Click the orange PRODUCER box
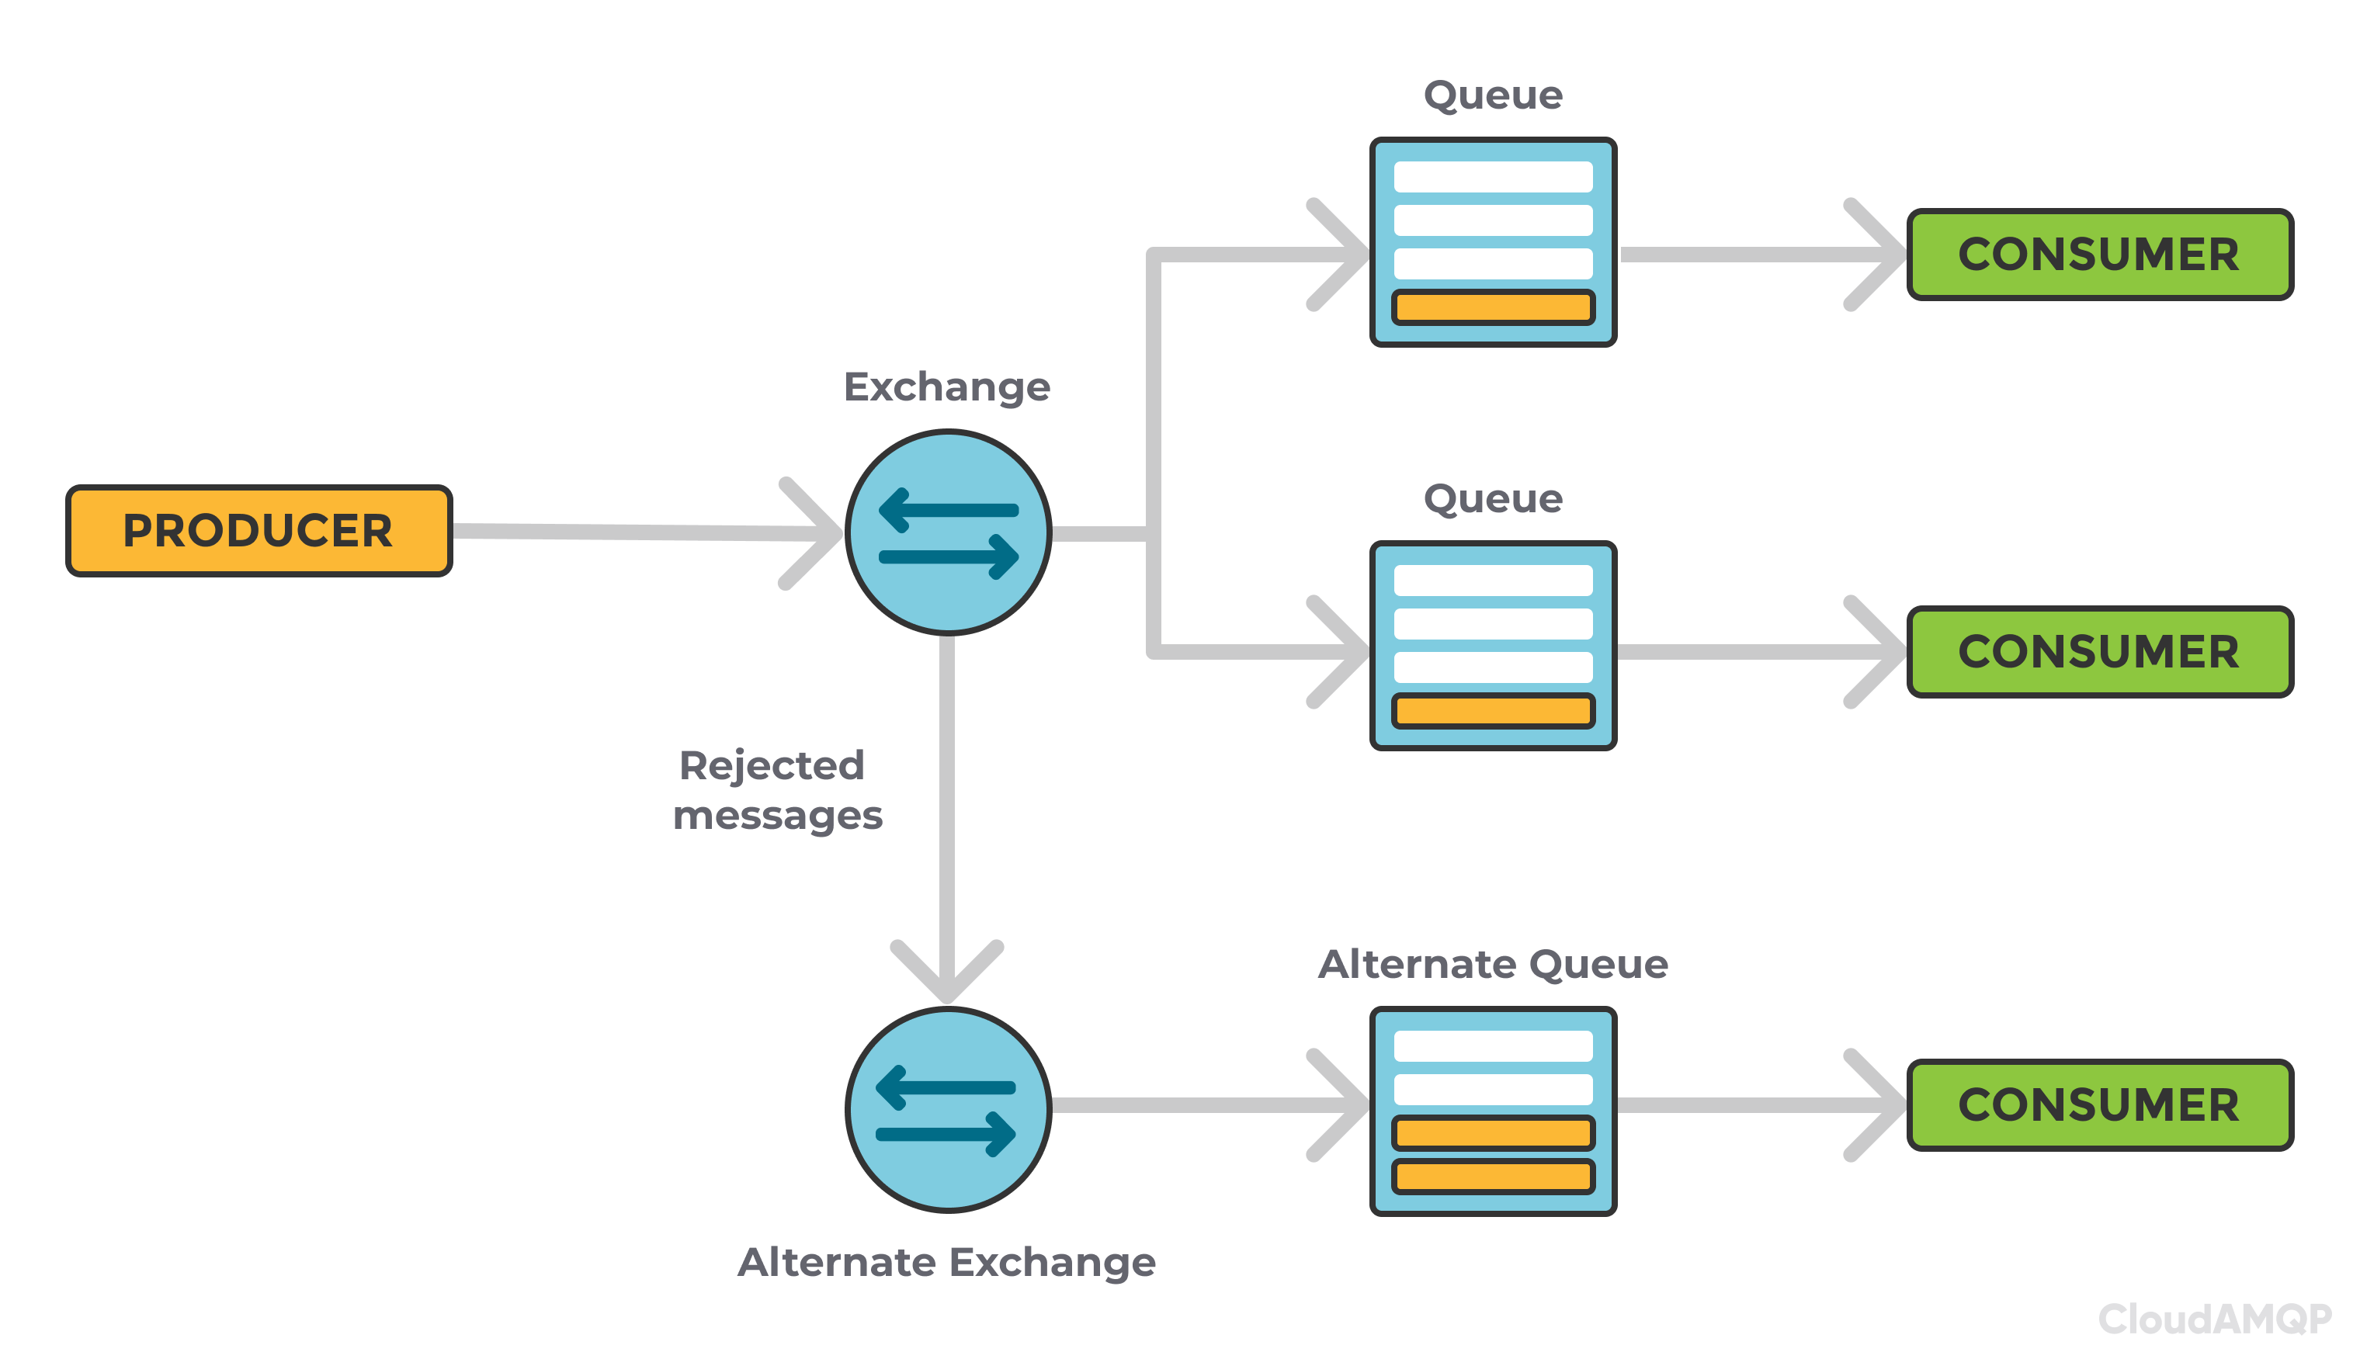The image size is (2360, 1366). click(259, 531)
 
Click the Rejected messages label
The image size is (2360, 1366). click(777, 790)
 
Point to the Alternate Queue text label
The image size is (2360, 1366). click(1493, 964)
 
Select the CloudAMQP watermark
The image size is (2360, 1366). click(2214, 1319)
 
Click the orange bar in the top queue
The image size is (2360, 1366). click(1493, 307)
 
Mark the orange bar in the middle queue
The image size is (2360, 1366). click(1493, 711)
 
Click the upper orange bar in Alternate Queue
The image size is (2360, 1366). click(1493, 1133)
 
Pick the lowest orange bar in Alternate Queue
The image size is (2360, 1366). click(1493, 1177)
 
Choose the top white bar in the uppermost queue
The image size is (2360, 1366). click(1493, 177)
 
